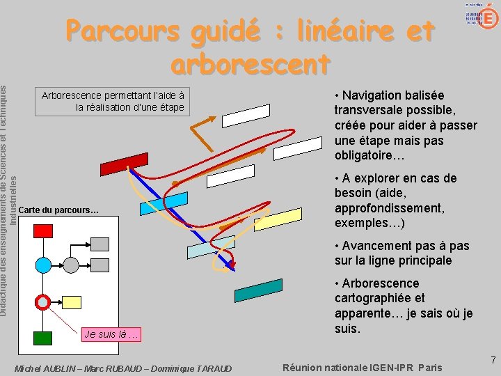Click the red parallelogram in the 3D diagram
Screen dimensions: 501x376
click(x=125, y=163)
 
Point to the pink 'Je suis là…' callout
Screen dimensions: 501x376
click(x=112, y=334)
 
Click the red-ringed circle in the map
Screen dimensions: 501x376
click(x=43, y=302)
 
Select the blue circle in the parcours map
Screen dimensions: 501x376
click(x=43, y=265)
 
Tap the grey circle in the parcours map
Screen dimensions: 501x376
click(x=71, y=265)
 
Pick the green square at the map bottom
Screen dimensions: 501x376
click(x=43, y=338)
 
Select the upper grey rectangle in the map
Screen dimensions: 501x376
click(x=100, y=244)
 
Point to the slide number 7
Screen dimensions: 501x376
click(x=493, y=361)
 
